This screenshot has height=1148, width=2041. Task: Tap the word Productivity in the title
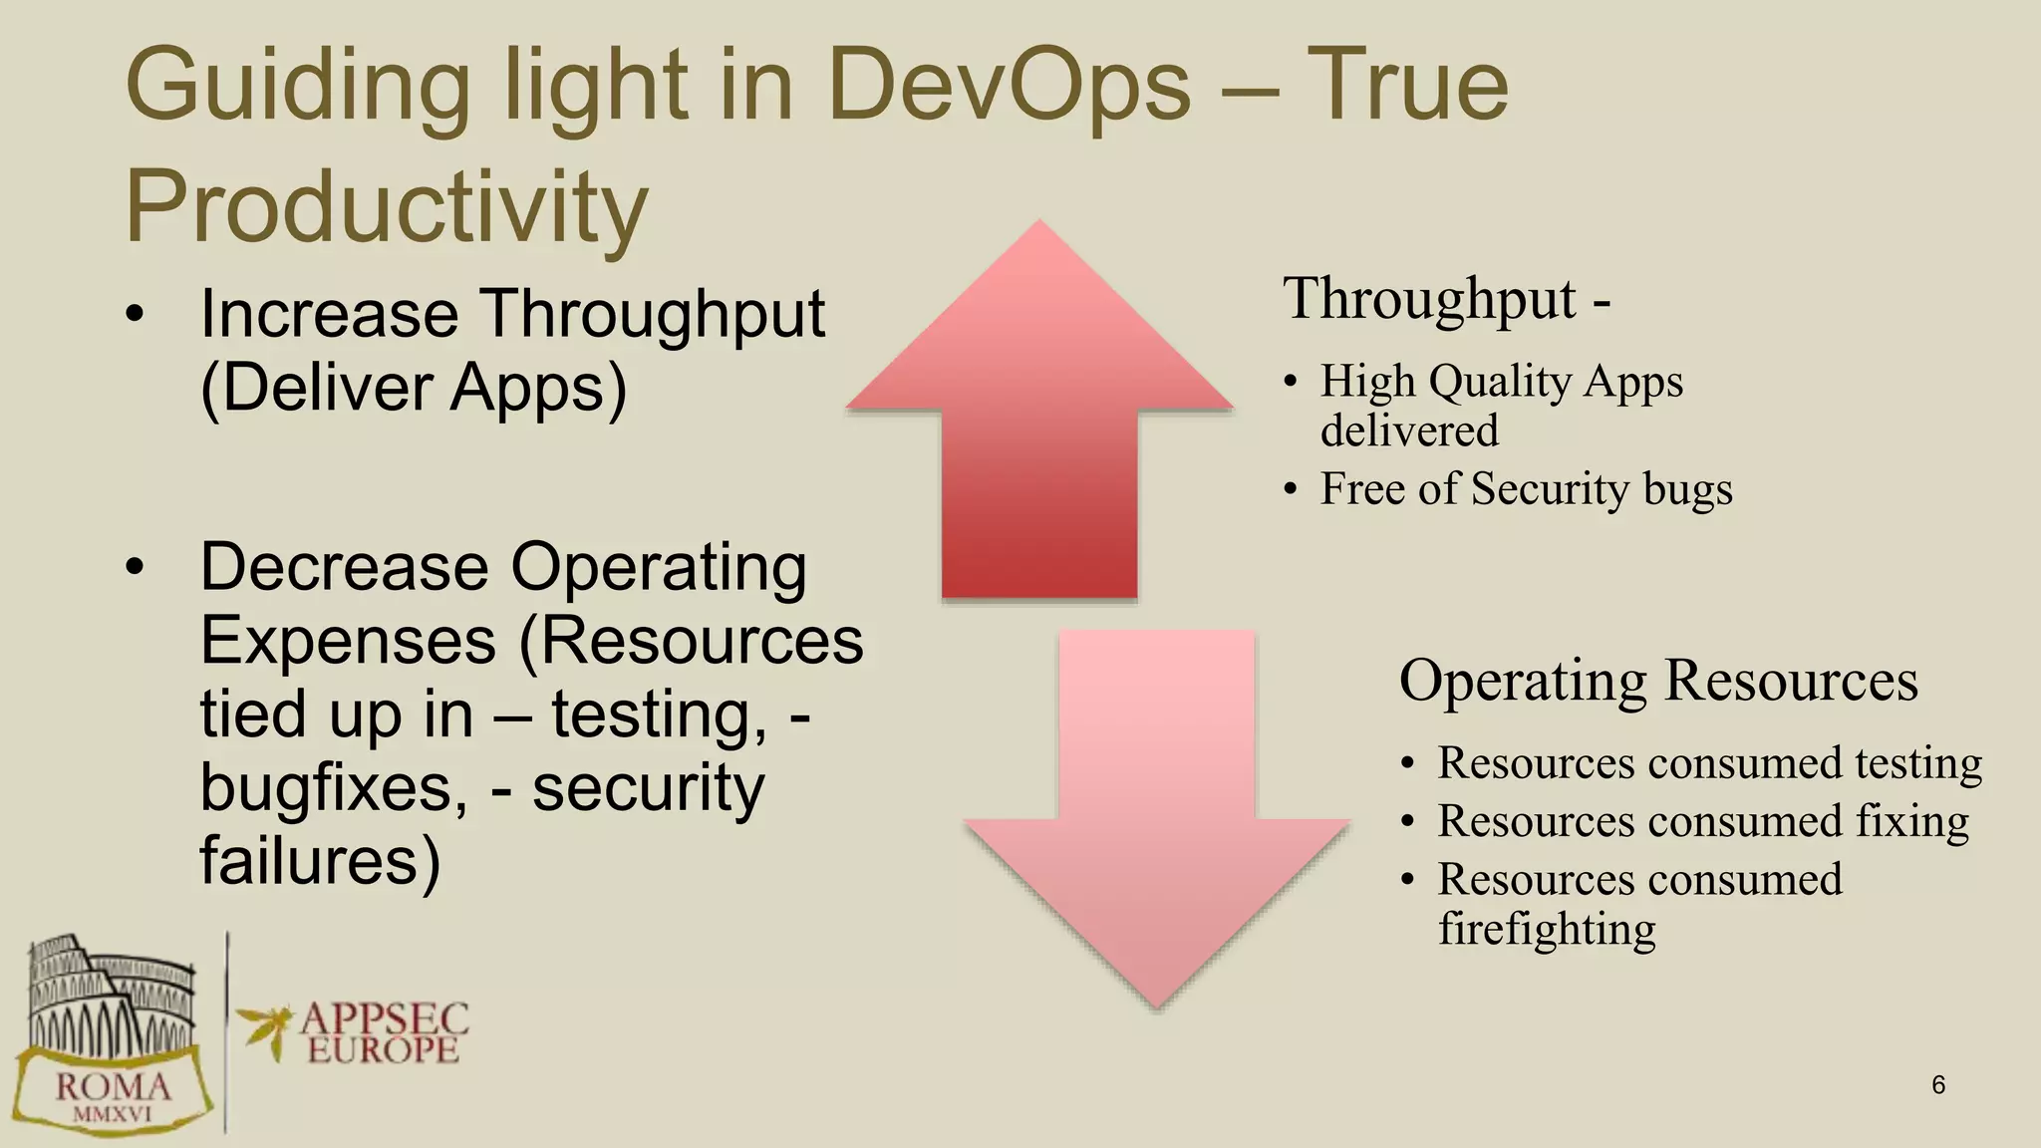pos(387,207)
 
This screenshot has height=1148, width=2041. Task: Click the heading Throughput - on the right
pos(1446,299)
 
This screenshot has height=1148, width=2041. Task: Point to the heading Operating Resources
pos(1658,682)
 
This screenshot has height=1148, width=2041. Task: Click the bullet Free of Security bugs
pos(1526,489)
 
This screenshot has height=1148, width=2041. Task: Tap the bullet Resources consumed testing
pos(1709,763)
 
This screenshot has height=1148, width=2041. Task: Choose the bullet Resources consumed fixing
pos(1702,822)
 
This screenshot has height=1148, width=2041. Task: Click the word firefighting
pos(1547,930)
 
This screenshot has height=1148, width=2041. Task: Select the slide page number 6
pos(1937,1085)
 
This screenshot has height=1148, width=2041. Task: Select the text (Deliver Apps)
pos(414,389)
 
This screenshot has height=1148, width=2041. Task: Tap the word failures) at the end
pos(320,861)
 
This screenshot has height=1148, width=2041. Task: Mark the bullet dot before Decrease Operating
pos(136,568)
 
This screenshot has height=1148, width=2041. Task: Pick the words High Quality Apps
pos(1501,382)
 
